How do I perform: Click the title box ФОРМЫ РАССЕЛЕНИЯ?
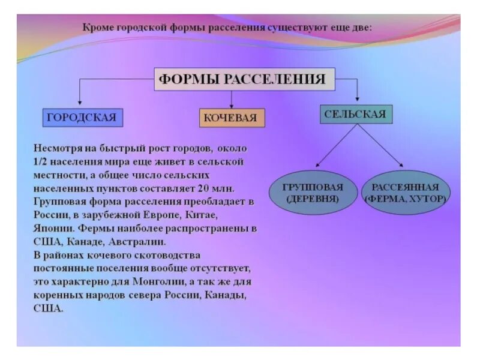244,79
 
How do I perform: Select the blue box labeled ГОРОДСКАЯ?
82,117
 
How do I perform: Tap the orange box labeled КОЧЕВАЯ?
232,118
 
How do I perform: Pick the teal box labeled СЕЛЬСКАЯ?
356,114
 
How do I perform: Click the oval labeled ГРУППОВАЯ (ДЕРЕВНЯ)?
312,192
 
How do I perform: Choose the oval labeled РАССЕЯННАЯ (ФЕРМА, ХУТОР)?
406,192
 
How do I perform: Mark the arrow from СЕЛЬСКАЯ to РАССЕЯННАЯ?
381,146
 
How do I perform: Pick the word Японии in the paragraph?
53,229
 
